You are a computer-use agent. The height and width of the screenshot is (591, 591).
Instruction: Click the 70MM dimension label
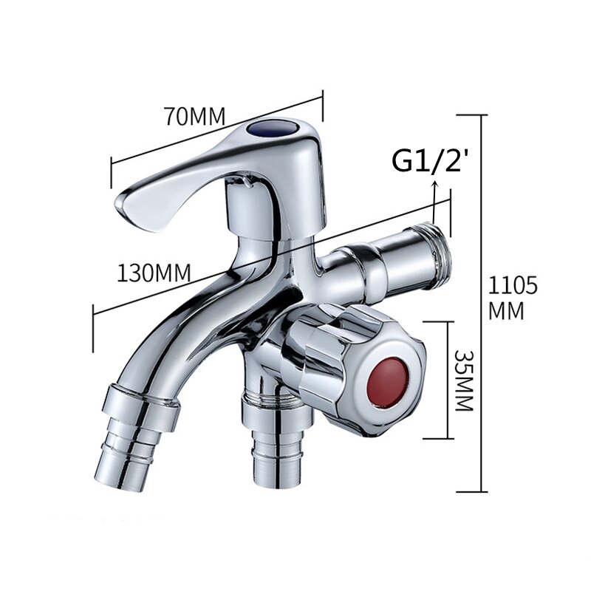(194, 116)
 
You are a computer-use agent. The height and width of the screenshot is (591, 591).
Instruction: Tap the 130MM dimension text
(154, 273)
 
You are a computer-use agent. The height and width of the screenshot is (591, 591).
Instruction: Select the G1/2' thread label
(431, 160)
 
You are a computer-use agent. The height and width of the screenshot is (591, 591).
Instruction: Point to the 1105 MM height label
(513, 297)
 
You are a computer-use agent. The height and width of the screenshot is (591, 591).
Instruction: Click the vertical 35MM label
(464, 380)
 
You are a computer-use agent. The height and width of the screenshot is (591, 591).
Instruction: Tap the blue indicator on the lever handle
(269, 131)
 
